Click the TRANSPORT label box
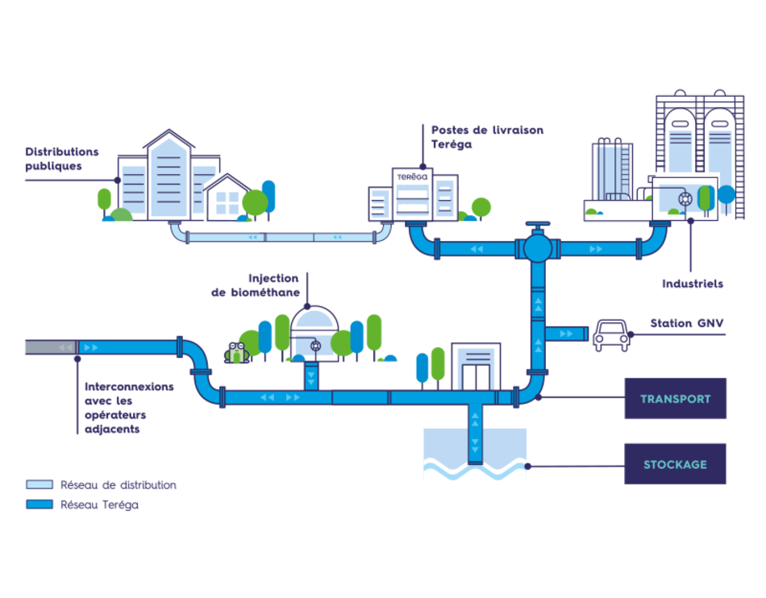point(675,398)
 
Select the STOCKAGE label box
point(675,464)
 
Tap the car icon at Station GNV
point(611,334)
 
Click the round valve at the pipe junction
point(536,247)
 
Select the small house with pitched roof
point(227,197)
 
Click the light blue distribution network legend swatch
point(39,484)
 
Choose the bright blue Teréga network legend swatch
point(39,505)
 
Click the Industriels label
point(693,284)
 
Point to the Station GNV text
point(688,323)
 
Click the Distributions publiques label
point(61,158)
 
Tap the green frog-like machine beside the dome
point(236,351)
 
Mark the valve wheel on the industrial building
point(685,198)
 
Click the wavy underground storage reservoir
point(474,475)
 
